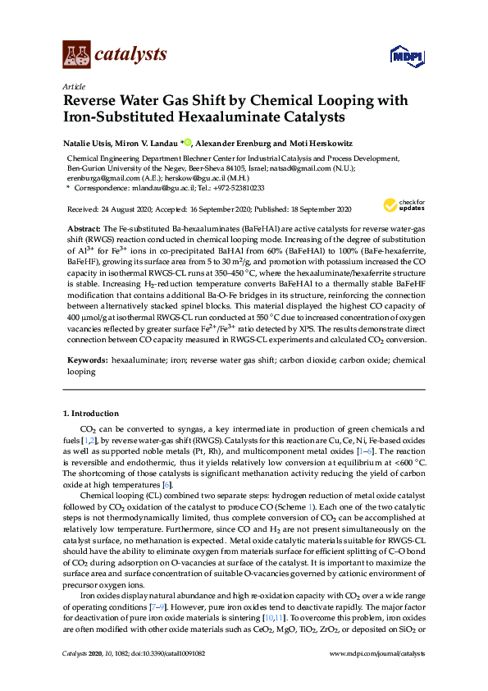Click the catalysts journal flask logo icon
(77, 55)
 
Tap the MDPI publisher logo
(408, 56)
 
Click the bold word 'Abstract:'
(84, 226)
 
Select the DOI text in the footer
(164, 676)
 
